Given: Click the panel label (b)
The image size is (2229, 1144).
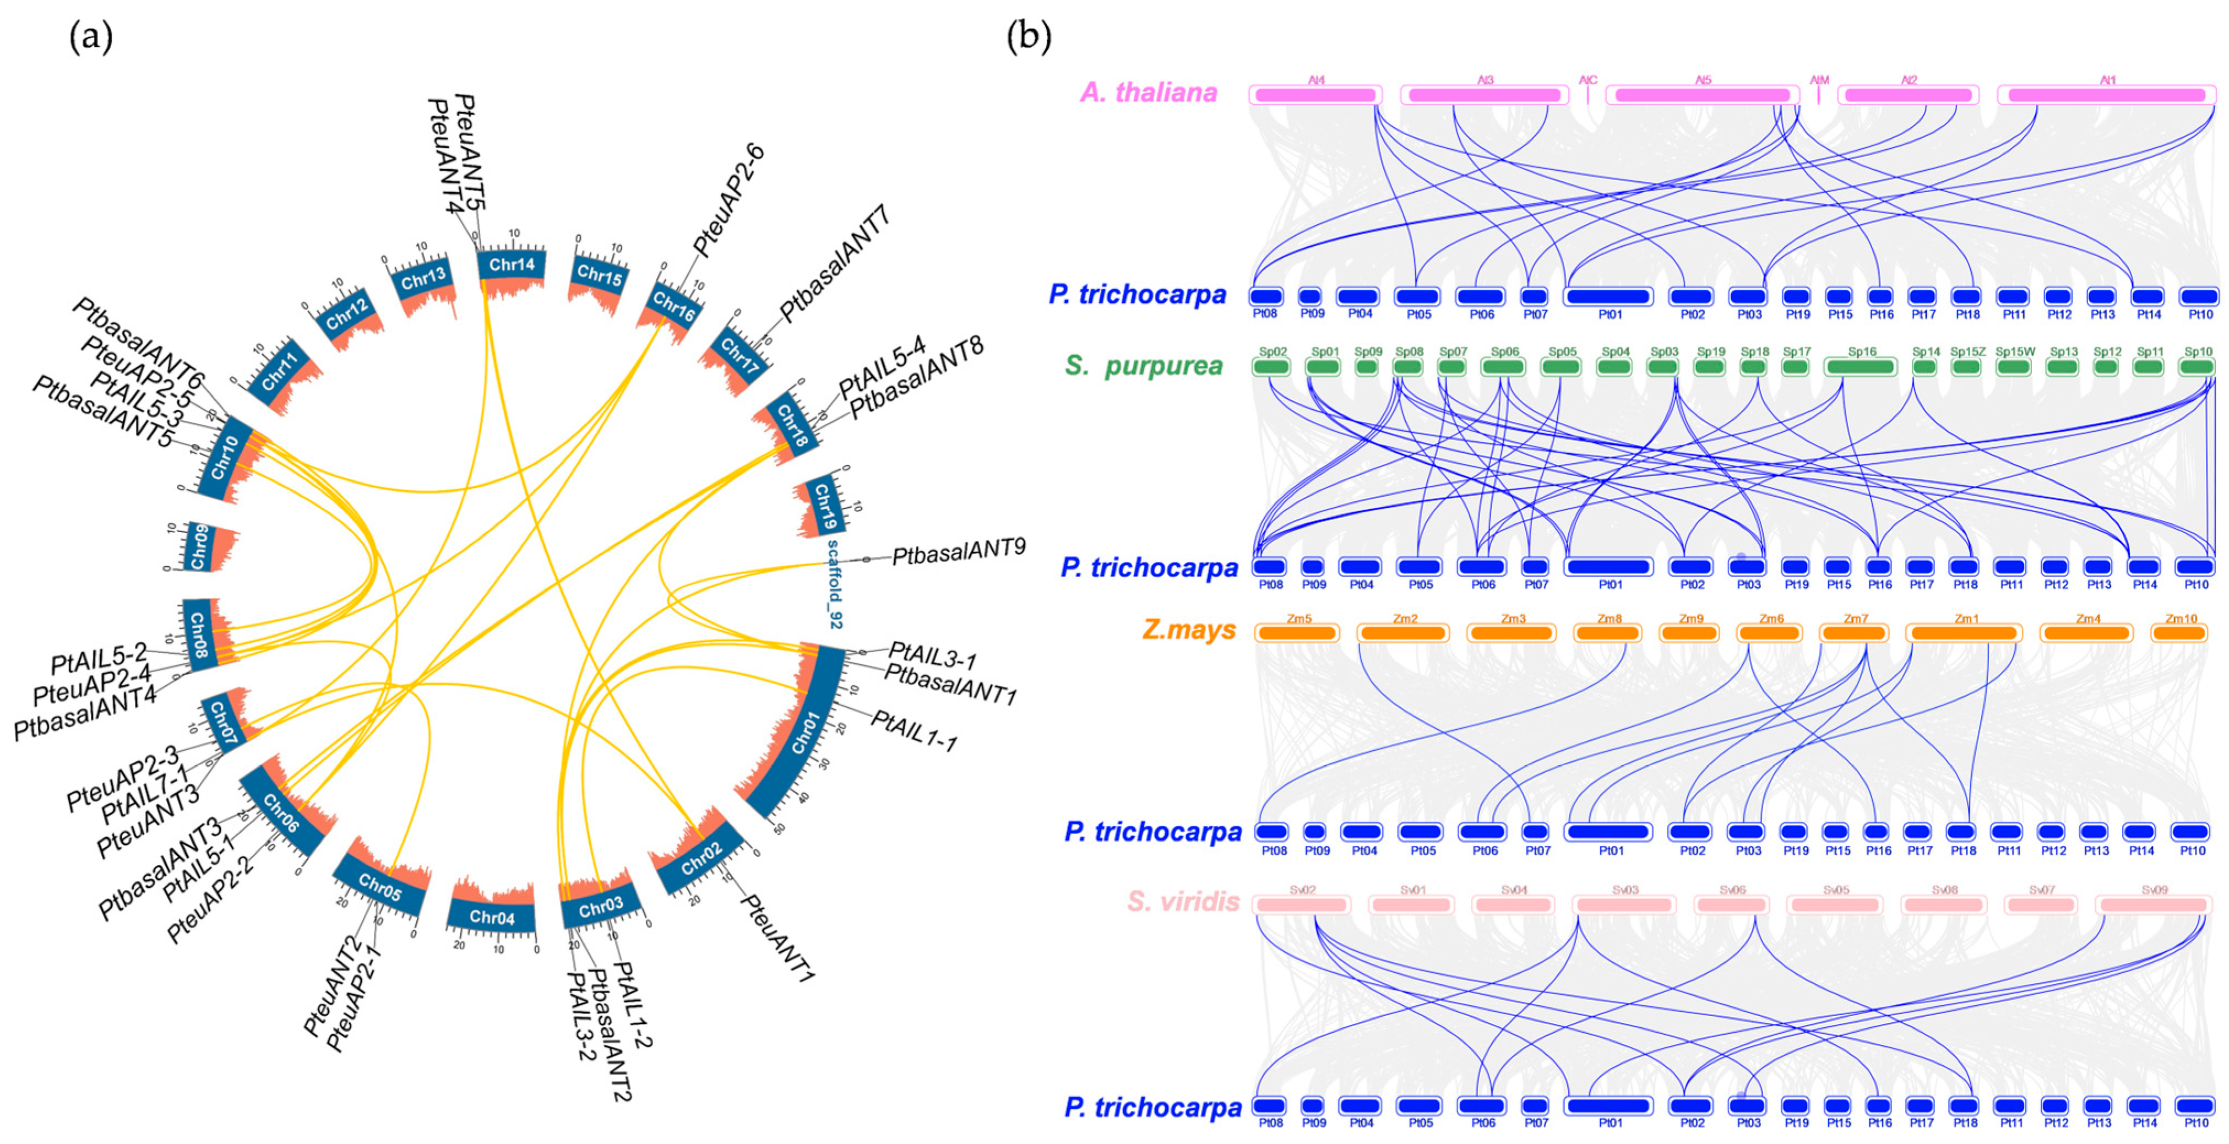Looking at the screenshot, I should pos(1029,37).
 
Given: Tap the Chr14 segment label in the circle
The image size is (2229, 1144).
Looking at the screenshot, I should pos(512,264).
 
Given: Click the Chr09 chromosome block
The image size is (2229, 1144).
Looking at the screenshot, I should pos(199,547).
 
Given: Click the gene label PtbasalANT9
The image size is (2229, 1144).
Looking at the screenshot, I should pos(959,551).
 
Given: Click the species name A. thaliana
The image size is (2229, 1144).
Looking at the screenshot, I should pos(1148,92).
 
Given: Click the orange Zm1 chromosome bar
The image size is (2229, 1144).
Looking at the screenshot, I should pos(1964,632).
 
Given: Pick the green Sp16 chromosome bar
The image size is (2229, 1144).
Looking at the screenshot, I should pos(1861,366).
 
